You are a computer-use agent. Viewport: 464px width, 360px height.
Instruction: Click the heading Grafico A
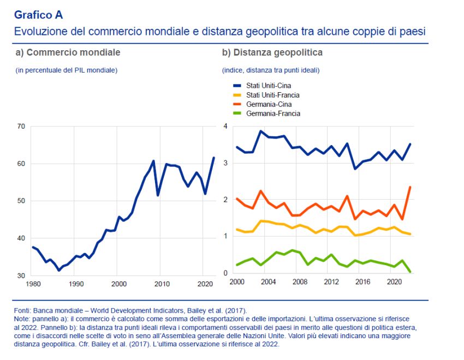point(38,15)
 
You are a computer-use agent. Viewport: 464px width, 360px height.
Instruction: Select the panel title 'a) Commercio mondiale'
point(68,52)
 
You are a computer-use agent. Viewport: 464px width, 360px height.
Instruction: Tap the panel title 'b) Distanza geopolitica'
point(272,52)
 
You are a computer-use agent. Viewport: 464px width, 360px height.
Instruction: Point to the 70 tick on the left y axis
point(21,127)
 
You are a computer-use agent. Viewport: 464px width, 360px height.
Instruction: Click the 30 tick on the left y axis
point(21,275)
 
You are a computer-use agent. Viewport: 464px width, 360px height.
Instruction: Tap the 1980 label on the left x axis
point(33,284)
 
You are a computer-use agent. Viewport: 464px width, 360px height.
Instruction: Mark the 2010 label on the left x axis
point(161,284)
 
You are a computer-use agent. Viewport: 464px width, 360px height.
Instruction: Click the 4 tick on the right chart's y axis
point(225,127)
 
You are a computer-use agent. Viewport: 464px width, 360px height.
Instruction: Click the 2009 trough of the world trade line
point(158,195)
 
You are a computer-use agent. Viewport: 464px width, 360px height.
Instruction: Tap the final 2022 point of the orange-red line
point(410,187)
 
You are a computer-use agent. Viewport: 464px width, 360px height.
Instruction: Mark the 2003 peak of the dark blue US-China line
point(261,131)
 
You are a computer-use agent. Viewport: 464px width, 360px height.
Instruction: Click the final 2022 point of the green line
point(410,271)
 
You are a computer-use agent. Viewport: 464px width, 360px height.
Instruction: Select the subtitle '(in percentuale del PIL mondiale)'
point(66,70)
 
